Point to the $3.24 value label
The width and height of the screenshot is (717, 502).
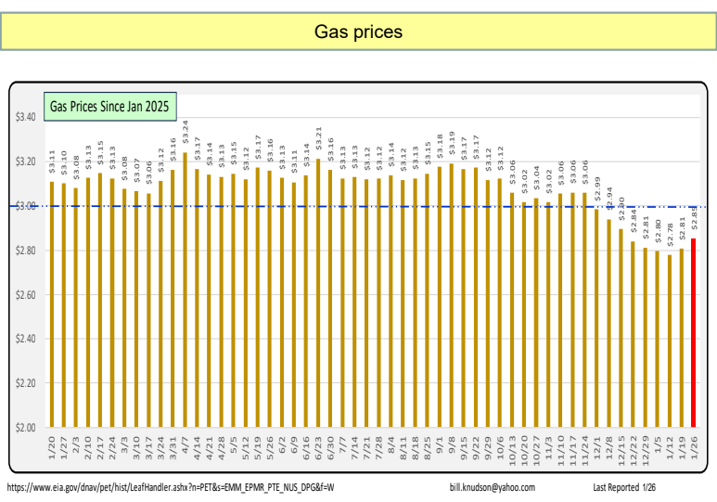pyautogui.click(x=186, y=132)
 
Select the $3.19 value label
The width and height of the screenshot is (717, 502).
pyautogui.click(x=451, y=143)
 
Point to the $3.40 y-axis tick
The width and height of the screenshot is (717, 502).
pyautogui.click(x=25, y=118)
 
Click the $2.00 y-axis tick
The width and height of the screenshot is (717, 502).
pyautogui.click(x=25, y=428)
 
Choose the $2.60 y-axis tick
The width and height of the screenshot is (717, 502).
pyautogui.click(x=25, y=295)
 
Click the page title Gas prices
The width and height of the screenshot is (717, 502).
pyautogui.click(x=358, y=32)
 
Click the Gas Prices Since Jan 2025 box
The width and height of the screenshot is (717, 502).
pyautogui.click(x=109, y=107)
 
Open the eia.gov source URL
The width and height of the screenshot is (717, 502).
pyautogui.click(x=171, y=487)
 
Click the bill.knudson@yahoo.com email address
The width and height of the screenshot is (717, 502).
pyautogui.click(x=491, y=487)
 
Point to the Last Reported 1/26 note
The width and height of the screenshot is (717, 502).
pyautogui.click(x=625, y=487)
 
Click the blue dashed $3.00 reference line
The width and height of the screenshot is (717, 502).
pyautogui.click(x=371, y=206)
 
